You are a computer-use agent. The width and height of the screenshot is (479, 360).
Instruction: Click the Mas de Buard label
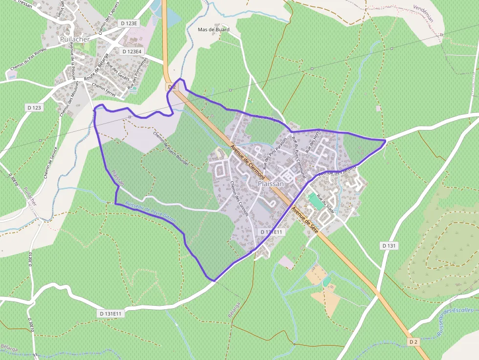[213, 30]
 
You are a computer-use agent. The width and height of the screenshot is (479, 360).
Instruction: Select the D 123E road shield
[130, 23]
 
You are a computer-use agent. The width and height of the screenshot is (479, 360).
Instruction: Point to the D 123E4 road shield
[132, 51]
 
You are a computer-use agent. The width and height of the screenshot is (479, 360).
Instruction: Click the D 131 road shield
[388, 245]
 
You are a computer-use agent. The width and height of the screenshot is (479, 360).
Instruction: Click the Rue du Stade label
[326, 204]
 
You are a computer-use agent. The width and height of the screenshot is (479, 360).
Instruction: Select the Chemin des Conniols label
[239, 198]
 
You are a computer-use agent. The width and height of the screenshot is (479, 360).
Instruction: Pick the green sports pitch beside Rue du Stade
[315, 201]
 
